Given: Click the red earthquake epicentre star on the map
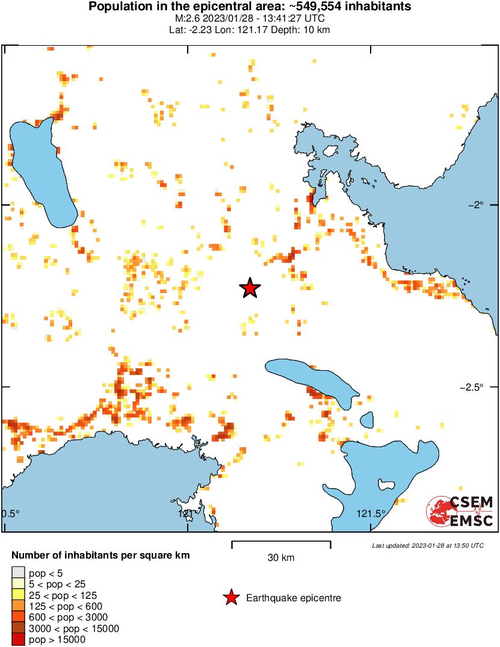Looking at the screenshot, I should tap(250, 288).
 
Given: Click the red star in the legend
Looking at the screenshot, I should tap(230, 598).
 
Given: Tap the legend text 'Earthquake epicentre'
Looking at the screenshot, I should tap(294, 598).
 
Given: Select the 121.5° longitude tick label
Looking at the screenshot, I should tap(371, 513).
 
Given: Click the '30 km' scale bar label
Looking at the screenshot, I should tap(281, 558).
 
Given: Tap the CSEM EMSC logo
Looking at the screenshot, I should tap(460, 512).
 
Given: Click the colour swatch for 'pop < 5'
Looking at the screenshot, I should tap(18, 572).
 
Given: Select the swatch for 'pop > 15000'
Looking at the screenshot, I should tap(18, 640).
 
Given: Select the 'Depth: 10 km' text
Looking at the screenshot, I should tap(304, 29).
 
